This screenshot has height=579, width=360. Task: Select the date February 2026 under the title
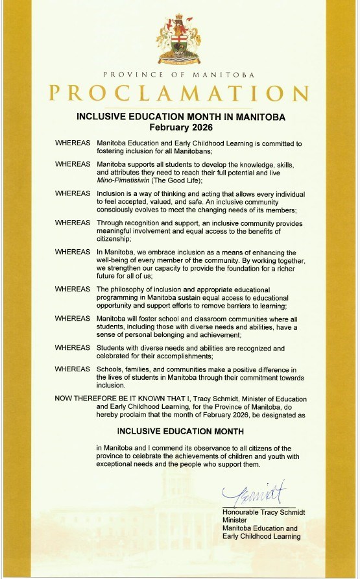[181, 127]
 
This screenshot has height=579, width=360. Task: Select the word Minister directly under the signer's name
[235, 520]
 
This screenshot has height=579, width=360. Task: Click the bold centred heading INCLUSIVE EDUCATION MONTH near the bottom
[180, 431]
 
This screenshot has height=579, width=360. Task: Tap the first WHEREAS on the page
[73, 142]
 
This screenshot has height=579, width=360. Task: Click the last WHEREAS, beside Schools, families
[73, 369]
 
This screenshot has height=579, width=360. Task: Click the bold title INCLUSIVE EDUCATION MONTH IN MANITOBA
[181, 117]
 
